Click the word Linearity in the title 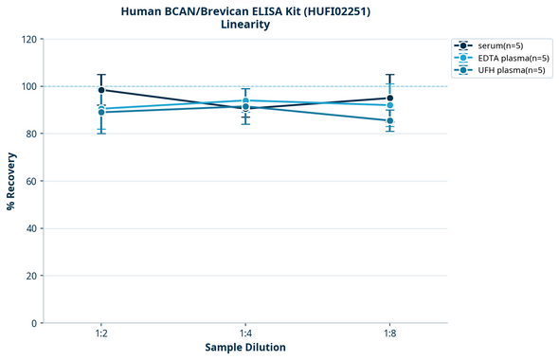tap(244, 25)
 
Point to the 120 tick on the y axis tap(29, 39)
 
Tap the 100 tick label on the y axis tap(29, 86)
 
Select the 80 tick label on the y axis tap(31, 134)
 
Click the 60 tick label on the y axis tap(31, 181)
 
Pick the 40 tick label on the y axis tap(31, 228)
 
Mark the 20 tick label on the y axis tap(31, 276)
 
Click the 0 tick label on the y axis tap(34, 323)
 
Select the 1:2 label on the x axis tap(101, 334)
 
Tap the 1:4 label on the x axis tap(245, 334)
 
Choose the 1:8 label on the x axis tap(389, 334)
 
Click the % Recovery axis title tap(11, 180)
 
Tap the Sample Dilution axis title tap(245, 348)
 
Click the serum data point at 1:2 tap(101, 90)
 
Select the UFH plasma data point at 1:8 tap(389, 120)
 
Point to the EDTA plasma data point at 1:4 tap(245, 100)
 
